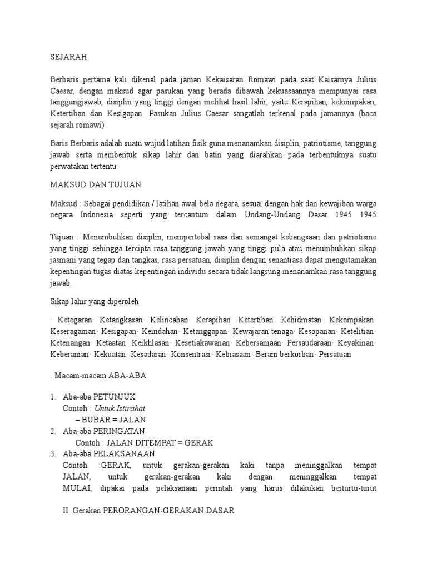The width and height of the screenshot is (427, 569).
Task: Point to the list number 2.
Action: (52, 431)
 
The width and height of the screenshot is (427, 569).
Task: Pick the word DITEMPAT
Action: (156, 442)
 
